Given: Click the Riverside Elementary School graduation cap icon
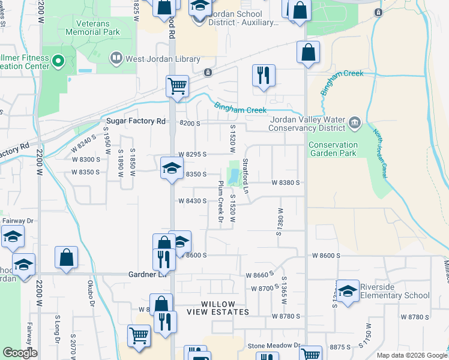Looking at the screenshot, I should point(348,290).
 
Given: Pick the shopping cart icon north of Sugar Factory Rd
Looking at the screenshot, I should point(178,86).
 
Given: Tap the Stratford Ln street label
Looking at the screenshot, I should point(246,176).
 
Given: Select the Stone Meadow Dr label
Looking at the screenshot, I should point(274,346).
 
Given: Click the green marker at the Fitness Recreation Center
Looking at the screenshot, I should point(58,60).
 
